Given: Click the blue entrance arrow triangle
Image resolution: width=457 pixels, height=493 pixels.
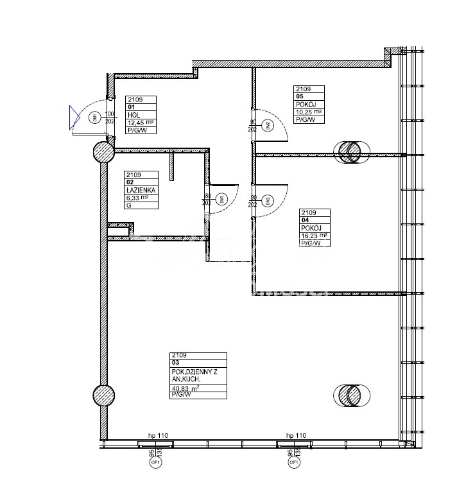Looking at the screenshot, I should [74, 118].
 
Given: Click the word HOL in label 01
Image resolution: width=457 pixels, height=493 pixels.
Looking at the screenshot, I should [134, 115].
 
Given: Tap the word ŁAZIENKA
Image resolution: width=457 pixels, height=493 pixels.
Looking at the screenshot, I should [141, 190].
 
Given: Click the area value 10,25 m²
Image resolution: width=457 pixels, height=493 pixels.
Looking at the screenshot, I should [308, 112].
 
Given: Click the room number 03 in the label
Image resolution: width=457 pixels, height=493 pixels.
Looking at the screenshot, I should [175, 363].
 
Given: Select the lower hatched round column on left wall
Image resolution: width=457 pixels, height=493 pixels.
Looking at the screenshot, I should [104, 395].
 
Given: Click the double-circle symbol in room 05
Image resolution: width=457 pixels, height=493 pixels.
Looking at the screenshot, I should [351, 151].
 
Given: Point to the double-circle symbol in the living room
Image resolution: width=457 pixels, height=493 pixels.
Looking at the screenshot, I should [351, 395].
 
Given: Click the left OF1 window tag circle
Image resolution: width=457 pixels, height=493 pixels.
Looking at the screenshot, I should [155, 462].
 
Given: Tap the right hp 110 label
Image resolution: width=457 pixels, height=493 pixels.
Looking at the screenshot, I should [296, 436].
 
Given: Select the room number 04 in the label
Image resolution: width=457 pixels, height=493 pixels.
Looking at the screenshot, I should [304, 220].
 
